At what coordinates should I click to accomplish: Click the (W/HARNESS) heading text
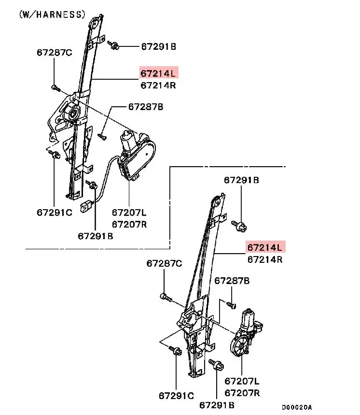(x=52, y=14)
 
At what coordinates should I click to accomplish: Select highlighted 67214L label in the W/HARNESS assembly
(x=159, y=73)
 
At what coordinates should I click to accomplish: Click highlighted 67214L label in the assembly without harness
(x=265, y=247)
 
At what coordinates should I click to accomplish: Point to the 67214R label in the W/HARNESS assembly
(x=158, y=86)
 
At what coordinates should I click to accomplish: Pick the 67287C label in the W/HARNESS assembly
(x=54, y=52)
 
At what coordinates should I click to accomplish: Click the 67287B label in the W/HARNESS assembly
(x=145, y=106)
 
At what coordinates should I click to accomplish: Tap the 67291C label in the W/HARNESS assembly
(x=54, y=212)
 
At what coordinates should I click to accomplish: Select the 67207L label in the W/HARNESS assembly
(x=129, y=212)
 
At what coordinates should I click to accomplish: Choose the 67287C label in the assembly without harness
(x=164, y=263)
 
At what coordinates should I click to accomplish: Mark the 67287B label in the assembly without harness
(x=232, y=280)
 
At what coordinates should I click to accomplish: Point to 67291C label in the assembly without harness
(x=177, y=396)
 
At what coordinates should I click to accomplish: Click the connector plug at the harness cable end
(x=87, y=206)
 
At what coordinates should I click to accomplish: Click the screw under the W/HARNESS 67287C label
(x=55, y=88)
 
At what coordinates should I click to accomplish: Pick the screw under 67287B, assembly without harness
(x=231, y=304)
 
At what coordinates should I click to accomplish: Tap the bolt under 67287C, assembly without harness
(x=165, y=297)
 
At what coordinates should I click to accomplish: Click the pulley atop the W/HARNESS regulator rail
(x=96, y=23)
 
